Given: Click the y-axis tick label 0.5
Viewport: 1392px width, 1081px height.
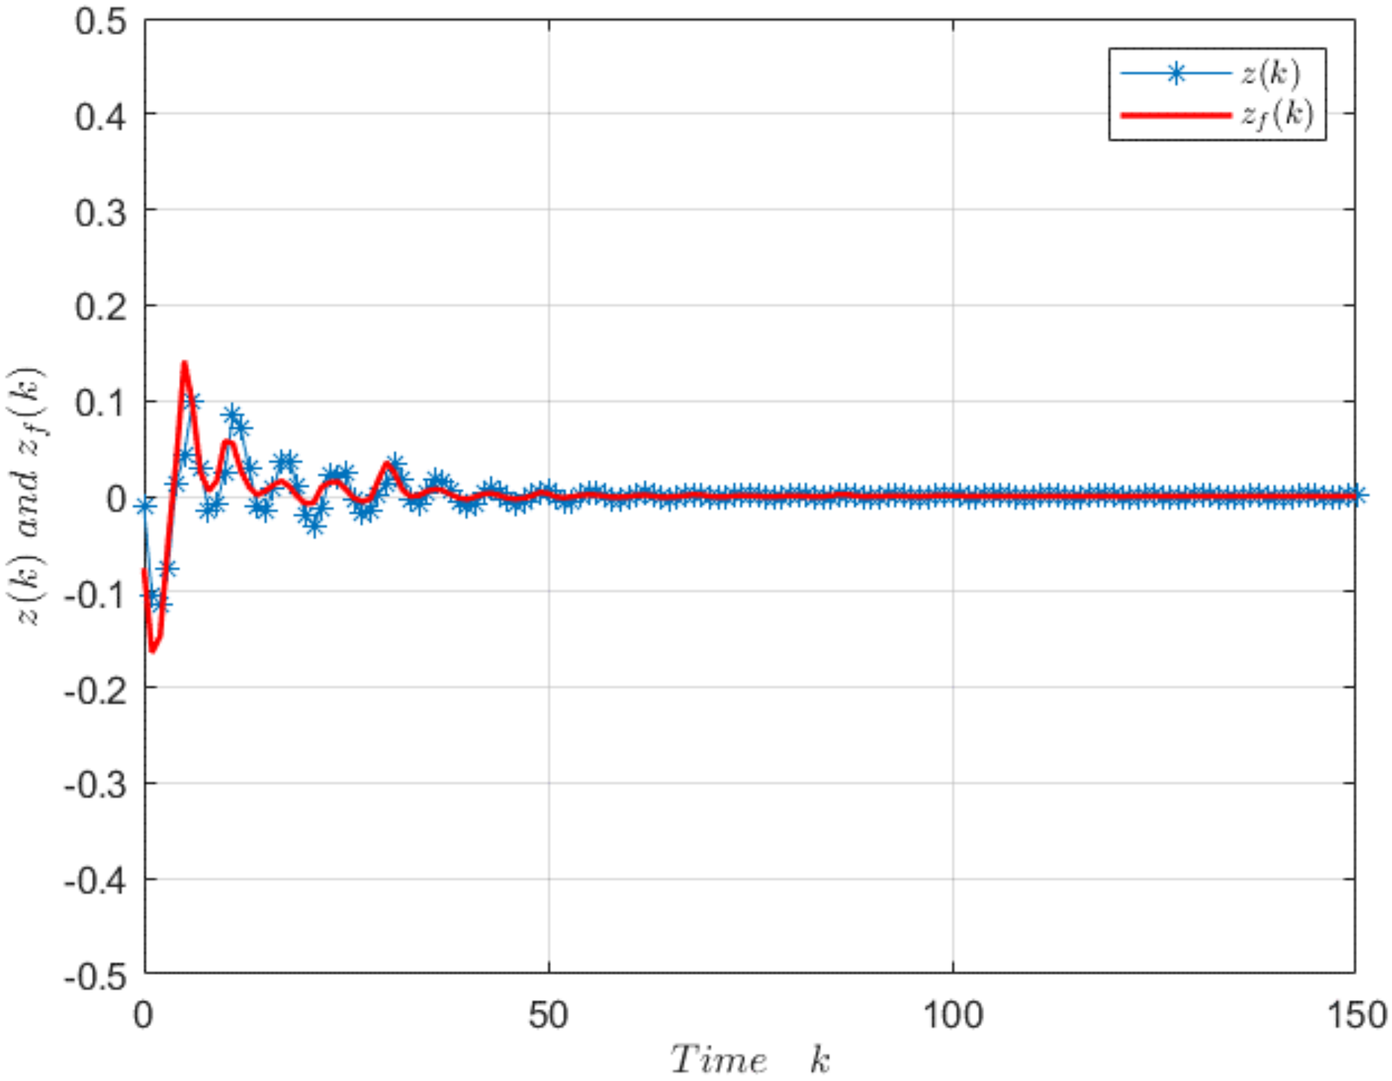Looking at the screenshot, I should click(101, 22).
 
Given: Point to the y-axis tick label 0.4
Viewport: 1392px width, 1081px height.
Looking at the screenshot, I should click(101, 117).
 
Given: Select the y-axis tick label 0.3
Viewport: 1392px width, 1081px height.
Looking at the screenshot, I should click(101, 212).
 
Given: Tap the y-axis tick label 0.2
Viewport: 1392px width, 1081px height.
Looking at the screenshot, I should click(101, 307).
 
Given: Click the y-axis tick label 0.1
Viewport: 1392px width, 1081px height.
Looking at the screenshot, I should click(101, 403).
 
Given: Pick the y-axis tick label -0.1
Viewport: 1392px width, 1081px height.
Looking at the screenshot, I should click(95, 594).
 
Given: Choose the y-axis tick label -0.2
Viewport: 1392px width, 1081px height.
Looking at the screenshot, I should click(95, 690).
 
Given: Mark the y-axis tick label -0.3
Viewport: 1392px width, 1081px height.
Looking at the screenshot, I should click(95, 784).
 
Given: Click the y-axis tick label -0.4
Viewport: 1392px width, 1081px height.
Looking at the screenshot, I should click(95, 880).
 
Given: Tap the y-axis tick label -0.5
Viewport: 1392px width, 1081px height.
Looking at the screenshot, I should click(95, 976).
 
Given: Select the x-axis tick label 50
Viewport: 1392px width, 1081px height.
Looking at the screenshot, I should click(548, 1015).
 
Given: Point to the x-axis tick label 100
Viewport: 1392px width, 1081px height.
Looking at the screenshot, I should click(953, 1015).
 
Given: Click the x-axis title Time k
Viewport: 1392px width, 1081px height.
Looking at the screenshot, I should click(750, 1060).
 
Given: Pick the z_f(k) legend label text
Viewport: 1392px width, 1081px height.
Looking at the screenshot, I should click(1278, 114).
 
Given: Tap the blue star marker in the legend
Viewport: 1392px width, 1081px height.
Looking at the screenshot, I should click(1175, 73).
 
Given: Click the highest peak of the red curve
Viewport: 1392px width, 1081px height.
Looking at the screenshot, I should click(184, 363).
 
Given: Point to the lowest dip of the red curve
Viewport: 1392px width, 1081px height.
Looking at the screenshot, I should click(152, 651).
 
